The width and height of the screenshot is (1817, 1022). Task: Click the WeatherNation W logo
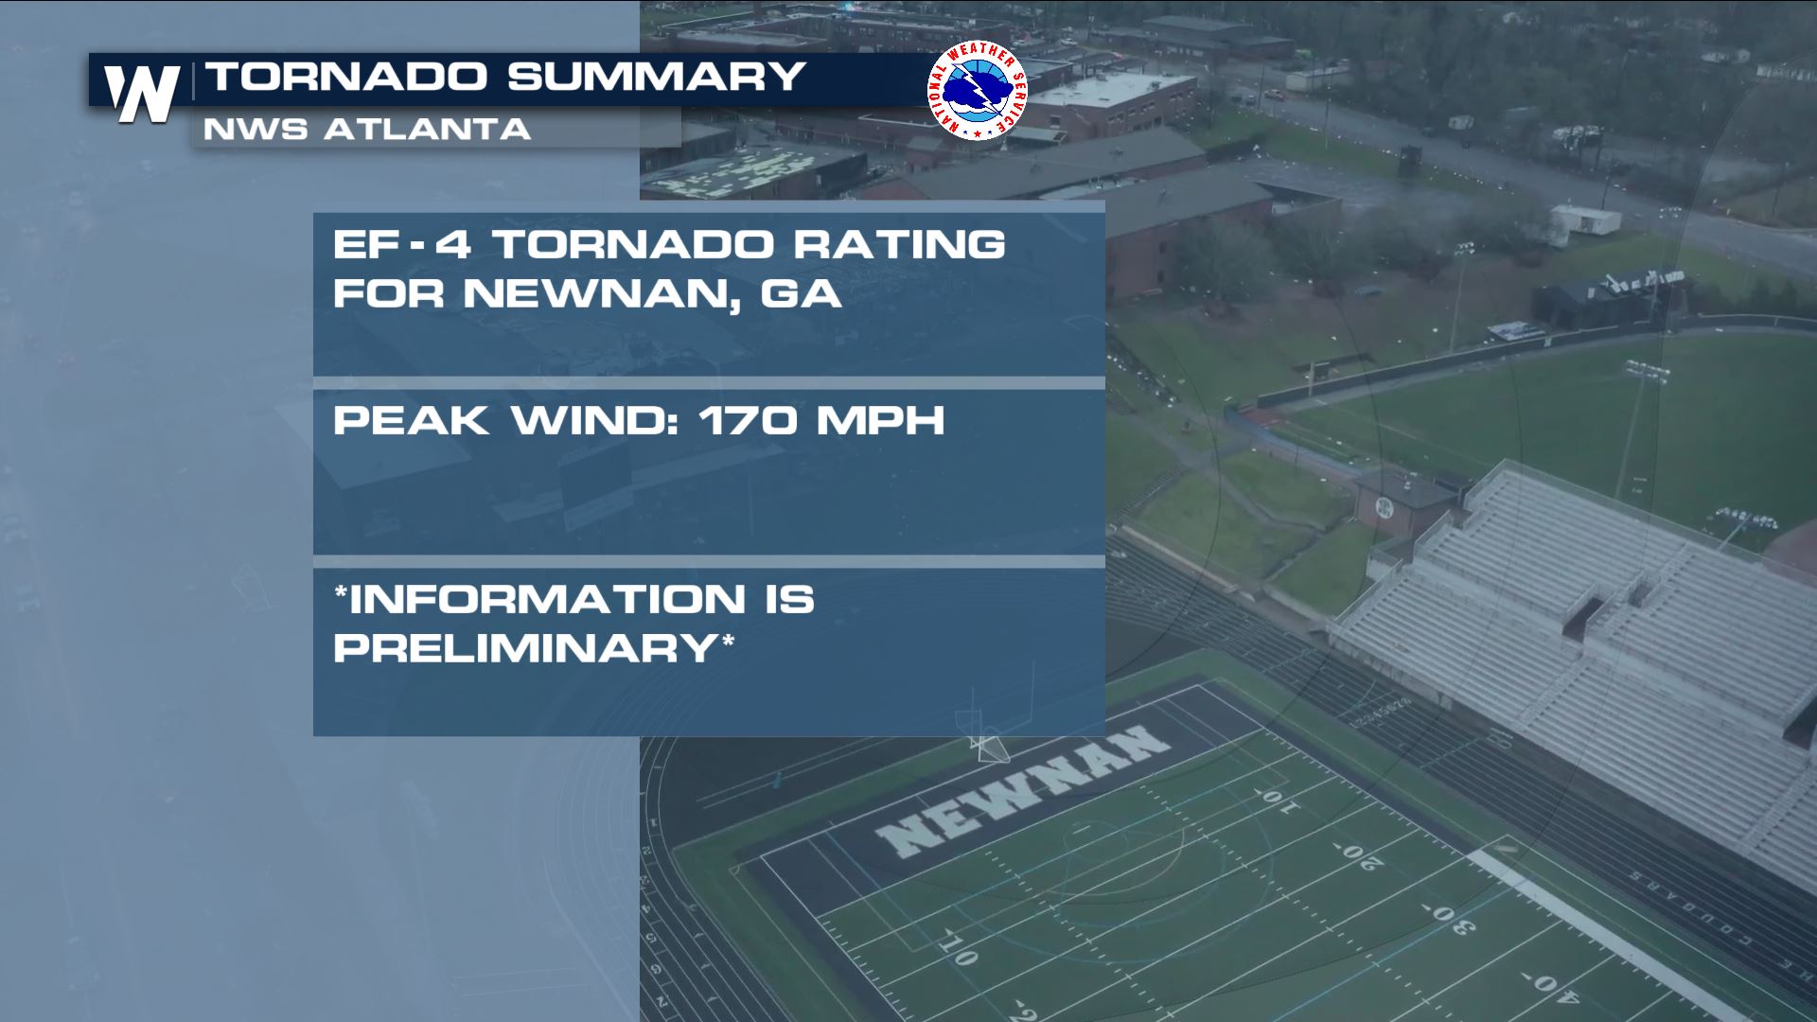coord(142,93)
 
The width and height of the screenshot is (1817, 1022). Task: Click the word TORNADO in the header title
coord(346,77)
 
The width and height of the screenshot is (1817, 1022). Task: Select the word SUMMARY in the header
coord(656,77)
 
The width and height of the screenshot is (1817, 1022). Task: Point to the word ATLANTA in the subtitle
coord(427,130)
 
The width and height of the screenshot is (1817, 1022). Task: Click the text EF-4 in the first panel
coord(402,245)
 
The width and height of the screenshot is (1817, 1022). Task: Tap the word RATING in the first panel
coord(899,245)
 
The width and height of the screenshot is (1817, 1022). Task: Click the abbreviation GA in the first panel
coord(801,293)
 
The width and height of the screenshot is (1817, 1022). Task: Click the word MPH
coord(881,420)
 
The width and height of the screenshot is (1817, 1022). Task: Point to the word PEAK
coord(411,420)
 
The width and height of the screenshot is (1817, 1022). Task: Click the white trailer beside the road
coord(1585,220)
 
